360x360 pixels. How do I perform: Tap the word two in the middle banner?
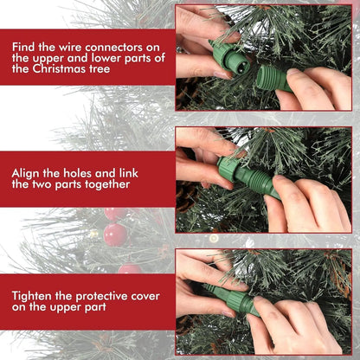pos(41,183)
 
